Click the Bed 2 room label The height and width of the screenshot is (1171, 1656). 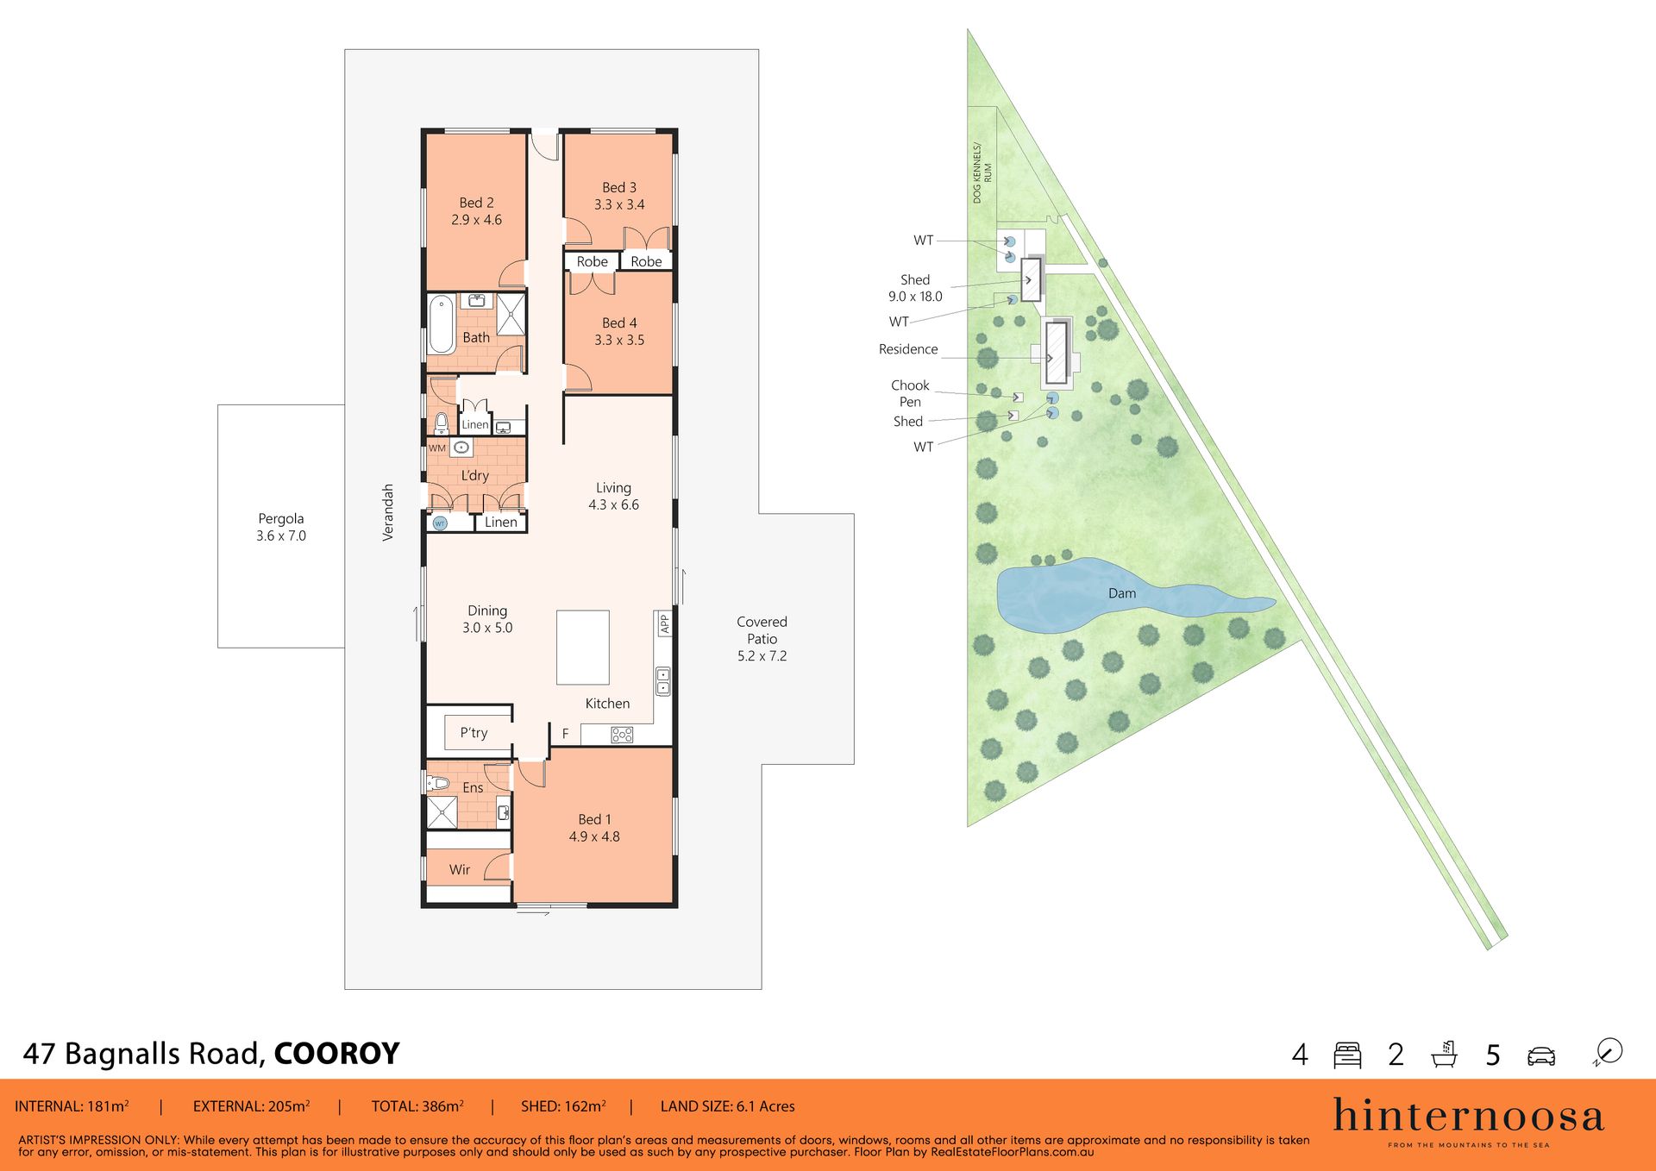[476, 211]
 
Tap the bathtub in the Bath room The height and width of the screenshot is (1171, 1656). [442, 324]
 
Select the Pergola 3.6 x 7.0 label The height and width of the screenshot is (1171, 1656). [281, 527]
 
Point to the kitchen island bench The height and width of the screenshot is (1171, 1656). [583, 648]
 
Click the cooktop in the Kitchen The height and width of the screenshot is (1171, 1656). [622, 735]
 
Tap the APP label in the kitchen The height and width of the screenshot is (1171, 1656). [665, 623]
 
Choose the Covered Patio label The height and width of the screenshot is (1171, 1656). [762, 639]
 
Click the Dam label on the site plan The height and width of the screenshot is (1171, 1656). [1122, 593]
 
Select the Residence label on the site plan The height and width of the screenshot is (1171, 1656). [908, 349]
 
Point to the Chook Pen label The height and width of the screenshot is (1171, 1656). [910, 393]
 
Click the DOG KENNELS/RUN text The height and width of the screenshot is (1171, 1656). [982, 172]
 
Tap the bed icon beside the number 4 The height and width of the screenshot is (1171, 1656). [1347, 1055]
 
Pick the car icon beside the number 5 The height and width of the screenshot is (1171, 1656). [1541, 1056]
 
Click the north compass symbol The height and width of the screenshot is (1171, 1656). [1609, 1052]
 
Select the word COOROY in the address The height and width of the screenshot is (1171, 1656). [336, 1054]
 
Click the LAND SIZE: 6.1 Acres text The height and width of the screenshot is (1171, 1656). [727, 1106]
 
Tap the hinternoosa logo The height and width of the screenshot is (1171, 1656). [1469, 1121]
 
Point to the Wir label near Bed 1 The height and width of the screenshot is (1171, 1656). [460, 870]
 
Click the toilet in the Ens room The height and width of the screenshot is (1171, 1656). [438, 783]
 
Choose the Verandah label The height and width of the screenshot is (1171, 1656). [388, 512]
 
